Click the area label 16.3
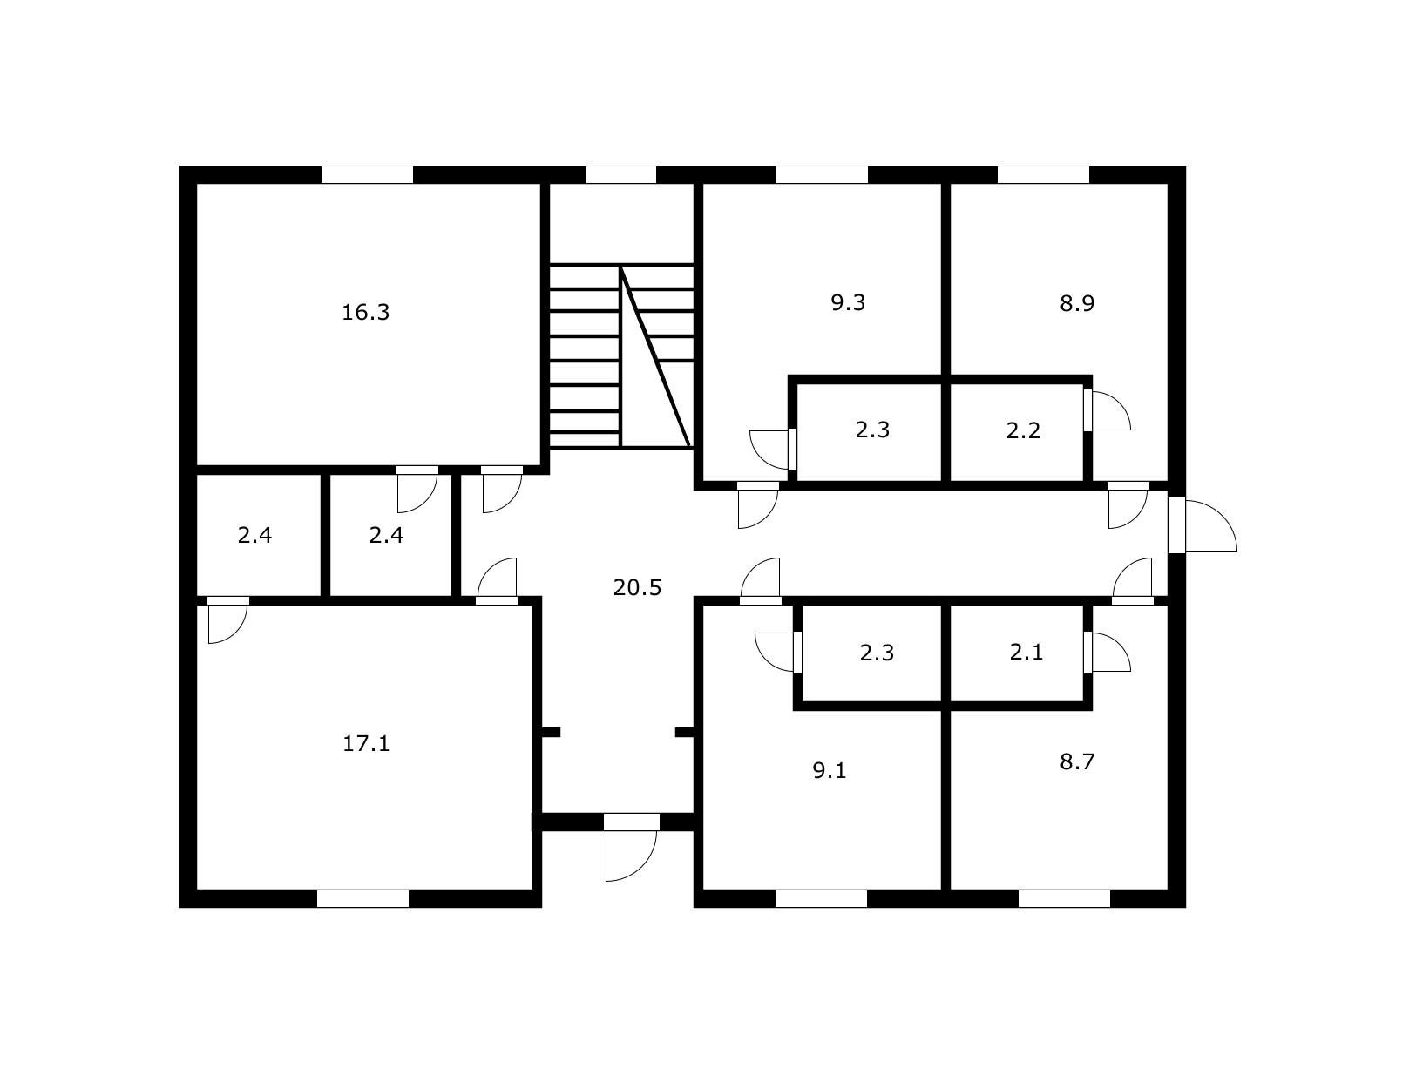click(365, 312)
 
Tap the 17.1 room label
click(365, 744)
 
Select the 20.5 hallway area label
click(637, 588)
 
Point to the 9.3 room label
click(847, 303)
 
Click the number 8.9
click(1076, 304)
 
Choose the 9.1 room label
click(829, 771)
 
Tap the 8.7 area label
click(1076, 762)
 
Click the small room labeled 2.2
click(1022, 430)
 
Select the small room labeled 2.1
click(1026, 653)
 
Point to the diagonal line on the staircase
click(655, 357)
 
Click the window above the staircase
click(620, 174)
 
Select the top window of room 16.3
click(367, 174)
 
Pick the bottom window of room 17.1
click(362, 898)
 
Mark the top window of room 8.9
click(1043, 174)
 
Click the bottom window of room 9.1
click(821, 898)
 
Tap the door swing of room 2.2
click(1108, 411)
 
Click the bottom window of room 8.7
click(1064, 898)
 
